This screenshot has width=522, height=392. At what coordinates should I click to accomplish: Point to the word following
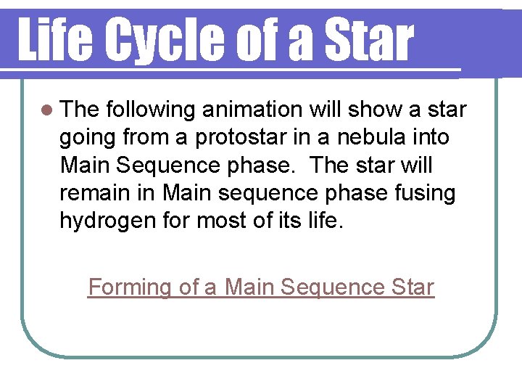pyautogui.click(x=152, y=110)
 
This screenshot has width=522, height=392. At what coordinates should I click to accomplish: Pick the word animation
pyautogui.click(x=252, y=110)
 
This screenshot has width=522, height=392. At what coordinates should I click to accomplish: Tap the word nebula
pyautogui.click(x=382, y=137)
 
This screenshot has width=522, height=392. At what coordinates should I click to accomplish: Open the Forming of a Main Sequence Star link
pyautogui.click(x=261, y=287)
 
